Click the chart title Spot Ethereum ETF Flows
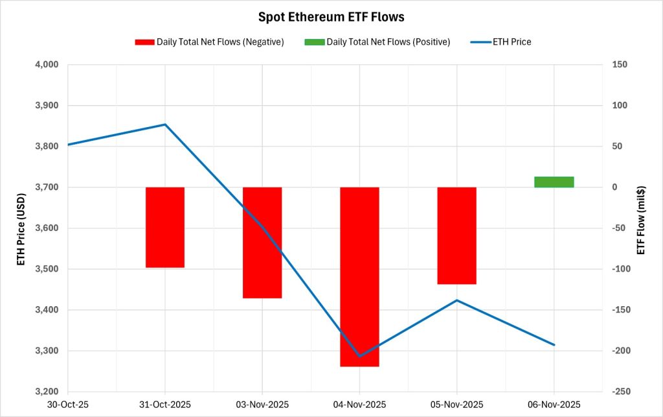[x=331, y=17]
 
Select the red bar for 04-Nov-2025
[x=359, y=277]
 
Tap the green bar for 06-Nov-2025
[x=554, y=182]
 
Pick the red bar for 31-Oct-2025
[x=165, y=227]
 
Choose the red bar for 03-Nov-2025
[x=262, y=243]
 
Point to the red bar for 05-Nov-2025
[x=457, y=235]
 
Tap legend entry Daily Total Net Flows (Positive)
[x=377, y=42]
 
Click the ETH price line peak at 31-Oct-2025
[x=165, y=125]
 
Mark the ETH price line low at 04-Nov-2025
[x=359, y=356]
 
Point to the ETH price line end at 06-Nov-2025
[x=554, y=345]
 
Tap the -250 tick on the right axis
[x=616, y=392]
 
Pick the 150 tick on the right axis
[x=614, y=65]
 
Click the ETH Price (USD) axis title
[x=21, y=228]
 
